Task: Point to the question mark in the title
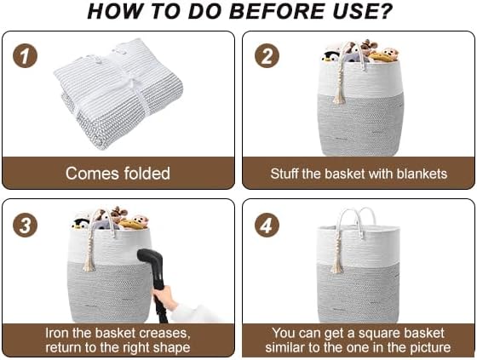(x=385, y=11)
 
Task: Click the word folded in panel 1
(x=141, y=174)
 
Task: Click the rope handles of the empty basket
(x=356, y=217)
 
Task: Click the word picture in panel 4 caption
(x=424, y=347)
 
